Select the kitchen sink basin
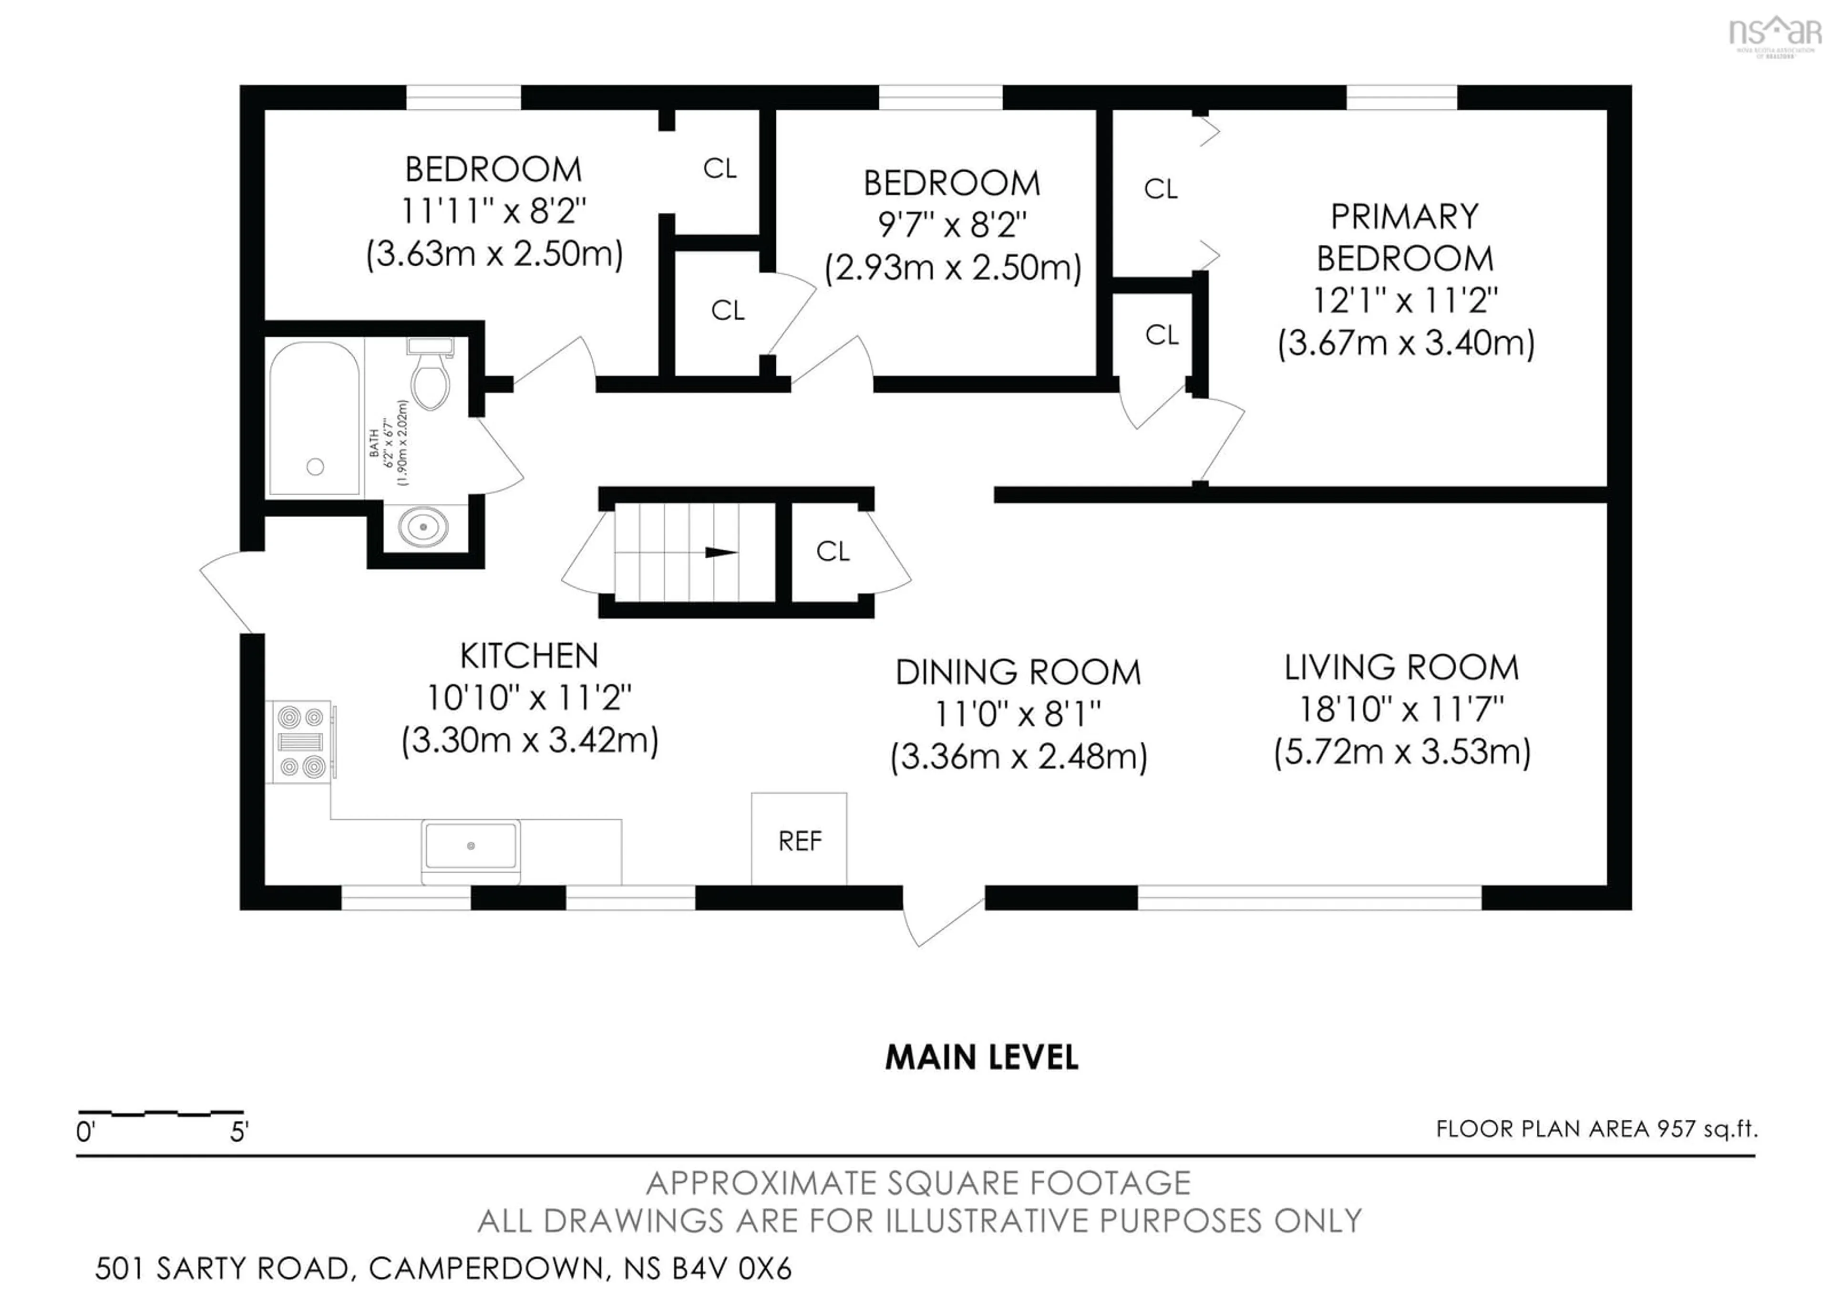pyautogui.click(x=471, y=845)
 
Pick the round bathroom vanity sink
pyautogui.click(x=423, y=527)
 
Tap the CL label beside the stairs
pyautogui.click(x=833, y=551)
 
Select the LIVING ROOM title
pyautogui.click(x=1401, y=668)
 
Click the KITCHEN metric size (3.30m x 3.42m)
pyautogui.click(x=530, y=741)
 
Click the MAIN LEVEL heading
pyautogui.click(x=982, y=1058)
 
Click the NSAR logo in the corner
pyautogui.click(x=1774, y=33)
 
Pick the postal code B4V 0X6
pyautogui.click(x=732, y=1268)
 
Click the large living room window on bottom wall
pyautogui.click(x=1309, y=897)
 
